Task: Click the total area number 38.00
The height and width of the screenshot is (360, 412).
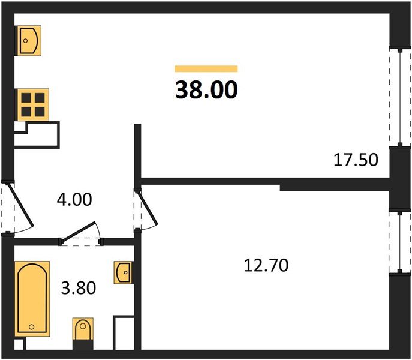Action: [x=206, y=90]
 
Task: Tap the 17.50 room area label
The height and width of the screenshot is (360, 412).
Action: [x=356, y=160]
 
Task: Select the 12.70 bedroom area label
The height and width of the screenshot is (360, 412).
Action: [x=266, y=265]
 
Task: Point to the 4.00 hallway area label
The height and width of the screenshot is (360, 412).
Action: [x=74, y=199]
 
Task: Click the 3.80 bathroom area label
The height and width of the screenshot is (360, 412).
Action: [x=79, y=287]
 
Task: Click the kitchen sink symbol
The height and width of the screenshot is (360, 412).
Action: [x=29, y=40]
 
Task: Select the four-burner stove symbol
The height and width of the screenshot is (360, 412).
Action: [x=33, y=104]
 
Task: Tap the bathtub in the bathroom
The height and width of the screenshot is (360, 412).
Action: [x=32, y=299]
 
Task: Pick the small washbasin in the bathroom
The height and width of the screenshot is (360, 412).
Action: [x=123, y=272]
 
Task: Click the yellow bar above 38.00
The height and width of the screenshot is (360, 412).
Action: [x=206, y=68]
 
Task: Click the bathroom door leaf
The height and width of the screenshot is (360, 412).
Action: [x=78, y=231]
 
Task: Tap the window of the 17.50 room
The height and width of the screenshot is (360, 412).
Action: [x=400, y=97]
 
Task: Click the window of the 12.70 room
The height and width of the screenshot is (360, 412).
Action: [x=400, y=242]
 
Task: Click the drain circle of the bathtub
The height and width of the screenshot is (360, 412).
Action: [x=32, y=327]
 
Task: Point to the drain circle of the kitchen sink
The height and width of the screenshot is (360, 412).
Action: [x=25, y=40]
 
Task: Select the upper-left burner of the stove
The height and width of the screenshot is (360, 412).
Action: [x=26, y=98]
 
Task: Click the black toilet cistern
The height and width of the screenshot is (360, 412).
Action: [x=83, y=344]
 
